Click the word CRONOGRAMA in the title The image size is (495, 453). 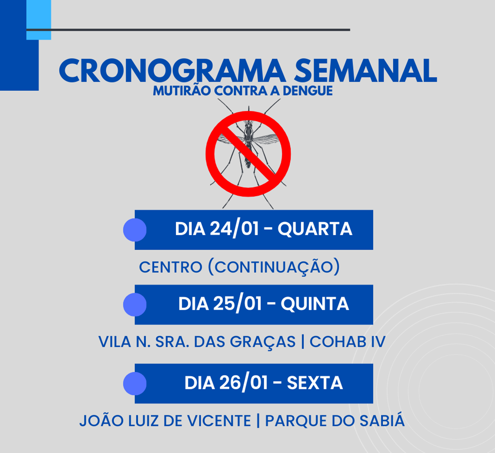[x=172, y=70]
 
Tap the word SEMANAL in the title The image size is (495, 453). [x=365, y=70]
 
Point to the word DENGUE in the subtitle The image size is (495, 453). [x=308, y=91]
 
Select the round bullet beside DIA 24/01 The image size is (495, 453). [x=135, y=230]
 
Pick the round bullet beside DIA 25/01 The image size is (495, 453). [x=135, y=305]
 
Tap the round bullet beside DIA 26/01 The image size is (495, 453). [x=135, y=383]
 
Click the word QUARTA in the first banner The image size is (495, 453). [x=315, y=229]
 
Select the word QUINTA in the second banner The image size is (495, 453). [x=315, y=304]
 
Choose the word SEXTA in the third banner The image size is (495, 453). [x=315, y=383]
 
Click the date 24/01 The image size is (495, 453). [x=234, y=229]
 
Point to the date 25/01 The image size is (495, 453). [x=237, y=304]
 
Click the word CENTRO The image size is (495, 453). [x=170, y=267]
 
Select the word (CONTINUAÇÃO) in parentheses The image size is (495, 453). [x=274, y=267]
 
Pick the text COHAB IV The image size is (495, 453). [x=347, y=342]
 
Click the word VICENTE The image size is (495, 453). [x=219, y=421]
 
